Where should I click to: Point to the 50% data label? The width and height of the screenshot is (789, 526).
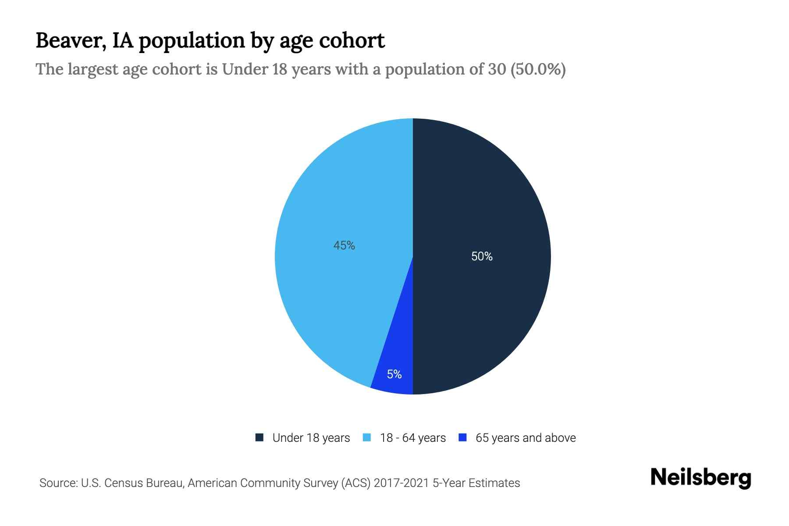482,256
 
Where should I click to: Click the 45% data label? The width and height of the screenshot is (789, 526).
344,245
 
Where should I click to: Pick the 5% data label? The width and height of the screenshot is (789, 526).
394,374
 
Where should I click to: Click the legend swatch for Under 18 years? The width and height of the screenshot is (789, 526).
259,437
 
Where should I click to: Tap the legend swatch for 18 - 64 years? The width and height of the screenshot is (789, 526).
367,437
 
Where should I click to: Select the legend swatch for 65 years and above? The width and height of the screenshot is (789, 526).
462,437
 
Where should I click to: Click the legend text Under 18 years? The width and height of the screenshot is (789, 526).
311,438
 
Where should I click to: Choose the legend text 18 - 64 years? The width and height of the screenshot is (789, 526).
413,438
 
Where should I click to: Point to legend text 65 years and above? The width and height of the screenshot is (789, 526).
526,438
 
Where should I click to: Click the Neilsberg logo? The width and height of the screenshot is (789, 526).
700,478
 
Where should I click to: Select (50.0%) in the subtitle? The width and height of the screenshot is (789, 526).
538,69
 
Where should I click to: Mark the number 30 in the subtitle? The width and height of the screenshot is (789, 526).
497,69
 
